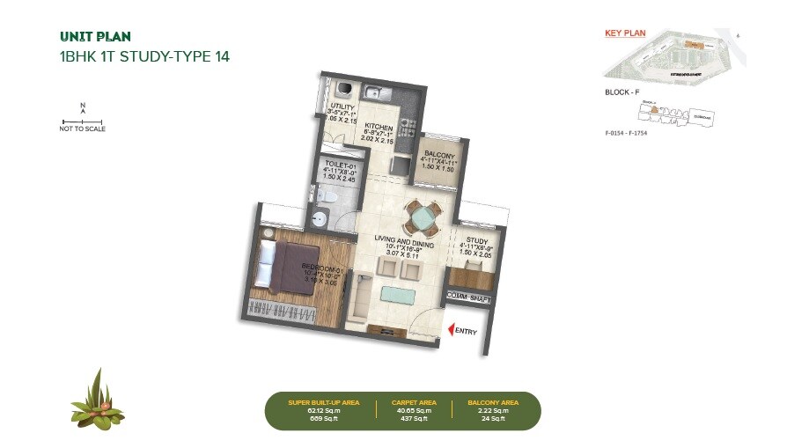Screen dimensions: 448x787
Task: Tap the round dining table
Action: [x=421, y=215]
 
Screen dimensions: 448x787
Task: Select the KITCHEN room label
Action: [x=379, y=127]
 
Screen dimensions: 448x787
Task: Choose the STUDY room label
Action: [x=477, y=239]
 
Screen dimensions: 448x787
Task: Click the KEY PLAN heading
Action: [x=624, y=33]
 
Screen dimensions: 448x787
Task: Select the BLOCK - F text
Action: [x=622, y=92]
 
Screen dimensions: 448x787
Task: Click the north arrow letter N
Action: [x=83, y=106]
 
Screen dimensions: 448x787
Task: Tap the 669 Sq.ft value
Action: [x=323, y=418]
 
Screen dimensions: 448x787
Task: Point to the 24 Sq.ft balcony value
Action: [x=486, y=418]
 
